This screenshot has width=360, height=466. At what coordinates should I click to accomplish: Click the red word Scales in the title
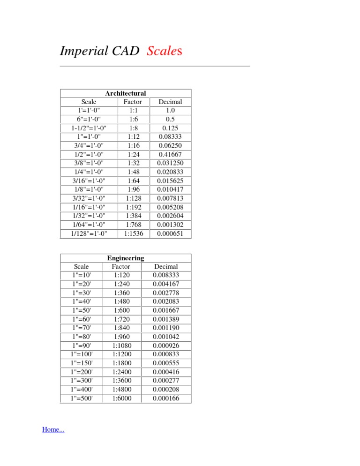164,51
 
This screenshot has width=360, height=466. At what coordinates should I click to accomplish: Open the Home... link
53,429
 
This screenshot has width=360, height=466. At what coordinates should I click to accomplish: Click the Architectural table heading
126,93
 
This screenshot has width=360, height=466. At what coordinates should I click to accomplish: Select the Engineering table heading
126,258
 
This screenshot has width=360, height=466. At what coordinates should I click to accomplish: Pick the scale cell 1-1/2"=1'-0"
89,128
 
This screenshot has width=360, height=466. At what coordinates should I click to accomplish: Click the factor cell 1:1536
133,233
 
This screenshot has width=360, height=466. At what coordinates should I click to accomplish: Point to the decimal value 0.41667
170,154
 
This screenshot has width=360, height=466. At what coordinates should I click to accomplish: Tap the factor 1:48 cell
133,172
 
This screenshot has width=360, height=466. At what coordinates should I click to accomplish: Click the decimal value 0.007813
170,198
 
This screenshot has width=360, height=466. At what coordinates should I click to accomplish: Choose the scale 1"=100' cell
82,354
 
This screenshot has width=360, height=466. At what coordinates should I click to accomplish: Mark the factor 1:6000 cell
121,398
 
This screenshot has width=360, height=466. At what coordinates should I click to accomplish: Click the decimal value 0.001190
166,328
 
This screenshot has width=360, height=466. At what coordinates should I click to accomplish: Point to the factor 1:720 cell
121,319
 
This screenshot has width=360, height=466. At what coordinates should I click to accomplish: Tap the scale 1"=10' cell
82,275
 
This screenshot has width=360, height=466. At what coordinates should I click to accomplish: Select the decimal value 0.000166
166,398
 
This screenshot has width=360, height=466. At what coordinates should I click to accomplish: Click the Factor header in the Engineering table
121,267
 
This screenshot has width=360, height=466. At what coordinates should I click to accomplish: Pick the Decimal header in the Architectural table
170,102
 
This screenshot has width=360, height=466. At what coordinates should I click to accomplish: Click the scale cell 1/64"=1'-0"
89,225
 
